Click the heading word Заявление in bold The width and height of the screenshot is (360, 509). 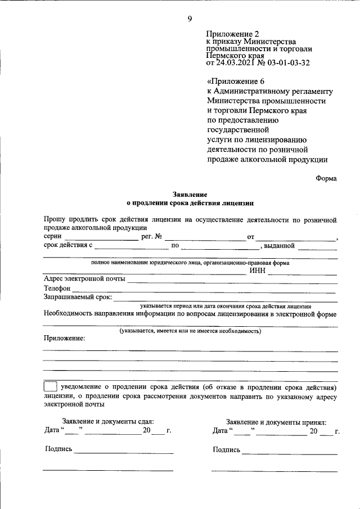click(190, 193)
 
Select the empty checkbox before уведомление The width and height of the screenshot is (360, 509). click(49, 388)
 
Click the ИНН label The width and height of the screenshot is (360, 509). click(256, 271)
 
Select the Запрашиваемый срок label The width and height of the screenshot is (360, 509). click(78, 297)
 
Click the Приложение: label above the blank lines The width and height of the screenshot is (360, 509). click(64, 338)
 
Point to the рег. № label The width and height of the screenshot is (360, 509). click(152, 236)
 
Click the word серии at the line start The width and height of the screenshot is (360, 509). click(52, 236)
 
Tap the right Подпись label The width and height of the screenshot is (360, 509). click(227, 449)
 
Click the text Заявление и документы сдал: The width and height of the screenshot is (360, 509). click(107, 421)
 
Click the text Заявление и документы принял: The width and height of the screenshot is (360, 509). click(276, 422)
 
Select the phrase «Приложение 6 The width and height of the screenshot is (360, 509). click(231, 81)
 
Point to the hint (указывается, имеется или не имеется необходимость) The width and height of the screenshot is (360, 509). click(190, 331)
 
